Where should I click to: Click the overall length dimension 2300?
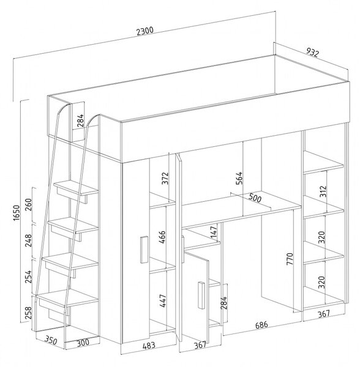point(145,31)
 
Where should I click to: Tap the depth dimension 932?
point(313,53)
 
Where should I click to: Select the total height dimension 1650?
point(17,213)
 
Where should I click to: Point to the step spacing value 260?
point(28,204)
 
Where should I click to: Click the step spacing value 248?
point(28,240)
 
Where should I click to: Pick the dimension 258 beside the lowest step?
point(28,313)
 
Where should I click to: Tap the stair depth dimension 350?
point(51,340)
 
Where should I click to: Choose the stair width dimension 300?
point(83,343)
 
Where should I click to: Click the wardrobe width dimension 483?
point(149,345)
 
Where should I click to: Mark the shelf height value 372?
point(165,179)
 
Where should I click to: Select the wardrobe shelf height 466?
point(162,237)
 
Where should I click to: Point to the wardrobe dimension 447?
point(162,301)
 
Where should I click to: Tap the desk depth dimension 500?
point(255,198)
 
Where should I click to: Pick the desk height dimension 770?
point(290,259)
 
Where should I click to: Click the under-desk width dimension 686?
point(261,325)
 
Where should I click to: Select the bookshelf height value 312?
point(323,191)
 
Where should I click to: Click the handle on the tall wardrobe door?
point(144,250)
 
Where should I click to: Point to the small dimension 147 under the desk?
point(214,232)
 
